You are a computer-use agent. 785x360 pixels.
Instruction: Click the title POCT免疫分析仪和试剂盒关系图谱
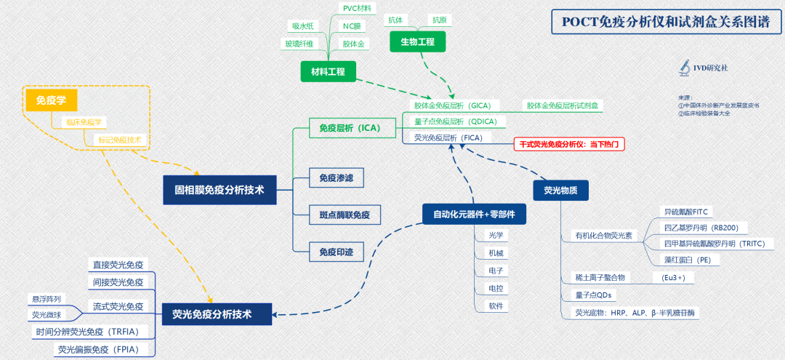click(666, 22)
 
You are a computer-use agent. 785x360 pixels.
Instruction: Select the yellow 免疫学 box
click(51, 100)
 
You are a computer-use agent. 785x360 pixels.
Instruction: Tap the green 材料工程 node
click(328, 71)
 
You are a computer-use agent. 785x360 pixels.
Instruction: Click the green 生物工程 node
click(417, 42)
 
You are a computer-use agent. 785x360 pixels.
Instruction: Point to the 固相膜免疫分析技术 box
click(219, 190)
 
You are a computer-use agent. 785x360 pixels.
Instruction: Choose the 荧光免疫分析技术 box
click(217, 314)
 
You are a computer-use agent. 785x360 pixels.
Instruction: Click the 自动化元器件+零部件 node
click(474, 214)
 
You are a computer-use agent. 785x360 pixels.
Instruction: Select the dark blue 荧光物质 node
click(560, 191)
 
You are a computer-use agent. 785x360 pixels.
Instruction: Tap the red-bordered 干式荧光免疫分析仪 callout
click(569, 144)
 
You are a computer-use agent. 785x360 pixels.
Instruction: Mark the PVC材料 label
click(356, 8)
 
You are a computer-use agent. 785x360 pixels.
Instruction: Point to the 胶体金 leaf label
click(354, 44)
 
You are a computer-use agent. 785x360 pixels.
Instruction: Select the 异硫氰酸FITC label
click(686, 212)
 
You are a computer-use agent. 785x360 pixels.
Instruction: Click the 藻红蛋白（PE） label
click(683, 259)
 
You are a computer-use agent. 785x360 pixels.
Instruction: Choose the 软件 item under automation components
click(496, 306)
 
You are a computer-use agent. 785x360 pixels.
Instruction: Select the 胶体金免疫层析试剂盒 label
click(565, 106)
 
